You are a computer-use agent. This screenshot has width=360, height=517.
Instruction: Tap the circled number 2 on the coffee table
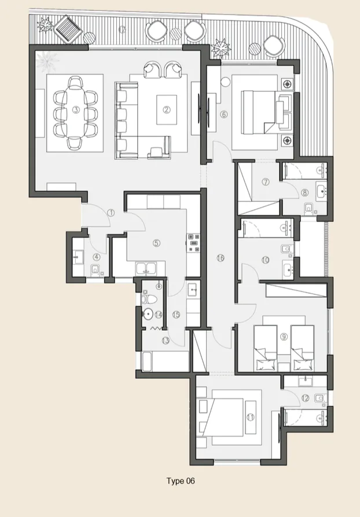click(x=166, y=109)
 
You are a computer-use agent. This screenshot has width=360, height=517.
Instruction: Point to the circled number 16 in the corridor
click(x=220, y=258)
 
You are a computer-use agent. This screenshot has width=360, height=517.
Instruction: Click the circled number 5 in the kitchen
click(x=156, y=243)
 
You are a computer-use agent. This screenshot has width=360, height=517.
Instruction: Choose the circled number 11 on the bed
click(x=250, y=416)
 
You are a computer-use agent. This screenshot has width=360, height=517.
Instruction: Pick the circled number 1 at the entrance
click(x=111, y=213)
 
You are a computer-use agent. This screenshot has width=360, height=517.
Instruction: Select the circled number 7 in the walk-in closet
click(x=266, y=182)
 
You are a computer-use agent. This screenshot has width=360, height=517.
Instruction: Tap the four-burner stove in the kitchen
click(x=192, y=245)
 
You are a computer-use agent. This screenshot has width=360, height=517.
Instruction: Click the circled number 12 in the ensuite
click(x=304, y=397)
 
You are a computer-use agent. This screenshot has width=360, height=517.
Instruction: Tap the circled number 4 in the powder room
click(x=97, y=257)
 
